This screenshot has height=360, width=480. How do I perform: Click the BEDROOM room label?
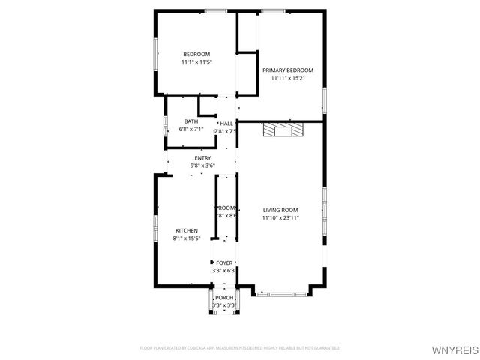pos(197,53)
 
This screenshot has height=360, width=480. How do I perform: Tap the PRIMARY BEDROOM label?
pos(287,70)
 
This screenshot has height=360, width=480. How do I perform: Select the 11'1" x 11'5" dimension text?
pos(197,62)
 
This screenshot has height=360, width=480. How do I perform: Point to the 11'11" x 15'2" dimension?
pos(287,78)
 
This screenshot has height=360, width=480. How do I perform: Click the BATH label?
pos(191,121)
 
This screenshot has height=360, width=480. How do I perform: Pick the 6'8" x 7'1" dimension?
pos(191,130)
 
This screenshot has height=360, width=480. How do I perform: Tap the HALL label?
pos(226,124)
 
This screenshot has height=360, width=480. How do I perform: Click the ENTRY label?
pos(202,158)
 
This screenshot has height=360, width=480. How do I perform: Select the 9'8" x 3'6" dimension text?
pos(202,166)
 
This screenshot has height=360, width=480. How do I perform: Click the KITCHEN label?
pos(187,230)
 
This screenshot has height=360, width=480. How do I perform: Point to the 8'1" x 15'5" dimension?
pos(187,238)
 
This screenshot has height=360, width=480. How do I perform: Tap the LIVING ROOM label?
pos(280,210)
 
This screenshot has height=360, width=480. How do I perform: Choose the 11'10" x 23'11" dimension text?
pos(280,218)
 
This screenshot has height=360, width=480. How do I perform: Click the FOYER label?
pos(225,262)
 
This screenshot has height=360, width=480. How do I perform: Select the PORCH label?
pos(225,298)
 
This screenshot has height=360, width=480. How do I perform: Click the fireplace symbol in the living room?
pos(283,131)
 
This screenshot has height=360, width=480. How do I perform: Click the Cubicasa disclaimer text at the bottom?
pos(240,348)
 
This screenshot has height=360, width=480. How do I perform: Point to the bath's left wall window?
pos(165,126)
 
